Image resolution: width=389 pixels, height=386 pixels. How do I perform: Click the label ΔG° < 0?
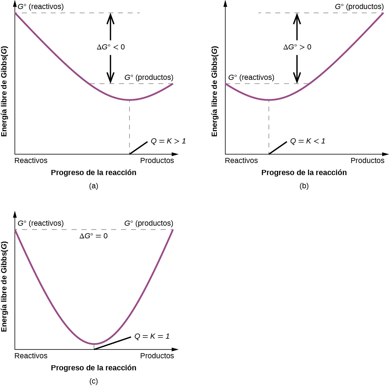(x=111, y=47)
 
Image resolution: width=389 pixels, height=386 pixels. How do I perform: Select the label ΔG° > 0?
(x=297, y=47)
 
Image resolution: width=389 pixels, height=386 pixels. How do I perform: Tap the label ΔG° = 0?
(x=93, y=236)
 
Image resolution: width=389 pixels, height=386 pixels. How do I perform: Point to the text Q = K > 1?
(x=168, y=141)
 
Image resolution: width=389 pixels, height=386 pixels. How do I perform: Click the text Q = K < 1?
(x=307, y=141)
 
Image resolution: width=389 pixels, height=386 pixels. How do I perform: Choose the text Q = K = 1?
(x=152, y=336)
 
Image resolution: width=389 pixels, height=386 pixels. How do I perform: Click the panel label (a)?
(x=94, y=186)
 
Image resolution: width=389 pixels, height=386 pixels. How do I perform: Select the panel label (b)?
(x=304, y=186)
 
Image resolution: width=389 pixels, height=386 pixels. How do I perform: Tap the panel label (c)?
(x=94, y=381)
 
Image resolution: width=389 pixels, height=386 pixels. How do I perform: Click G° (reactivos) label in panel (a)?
(x=41, y=7)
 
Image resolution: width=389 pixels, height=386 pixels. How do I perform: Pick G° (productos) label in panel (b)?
(x=359, y=7)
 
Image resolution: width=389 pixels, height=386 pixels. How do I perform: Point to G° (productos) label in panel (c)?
(x=149, y=223)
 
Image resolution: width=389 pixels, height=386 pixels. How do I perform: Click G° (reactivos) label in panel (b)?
(x=251, y=77)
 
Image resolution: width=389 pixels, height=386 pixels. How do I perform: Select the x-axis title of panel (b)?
(x=304, y=173)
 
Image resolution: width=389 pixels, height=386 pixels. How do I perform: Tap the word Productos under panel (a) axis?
(x=157, y=161)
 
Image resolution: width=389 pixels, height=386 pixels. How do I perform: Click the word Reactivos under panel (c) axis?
(x=31, y=356)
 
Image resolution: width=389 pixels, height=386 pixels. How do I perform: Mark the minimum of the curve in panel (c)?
(x=94, y=344)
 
